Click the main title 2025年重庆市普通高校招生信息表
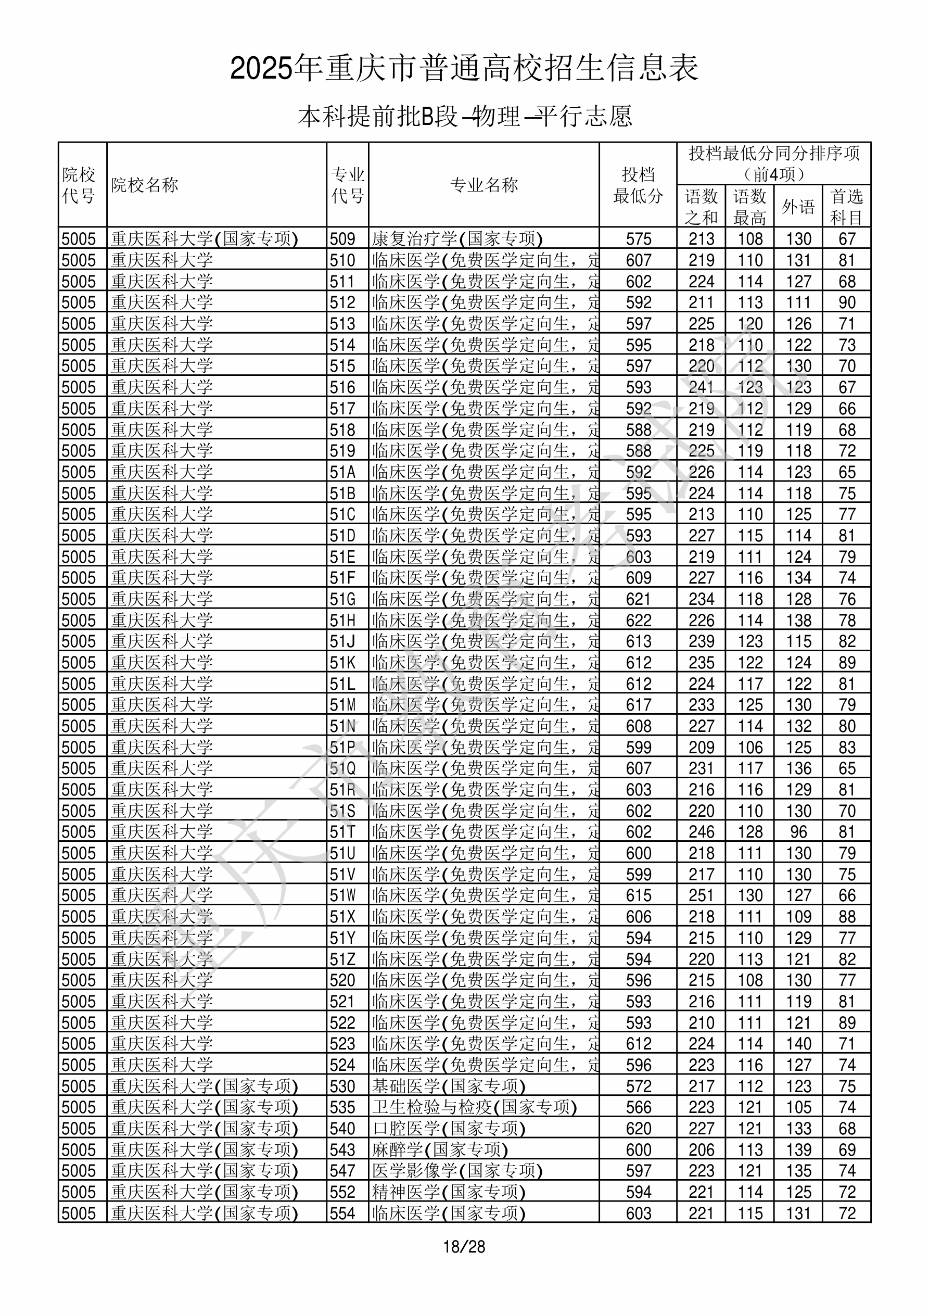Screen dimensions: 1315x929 (x=464, y=69)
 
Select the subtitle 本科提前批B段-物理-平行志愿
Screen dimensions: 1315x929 (x=464, y=116)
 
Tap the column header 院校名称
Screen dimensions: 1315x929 (x=145, y=185)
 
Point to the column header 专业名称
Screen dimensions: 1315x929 (x=484, y=185)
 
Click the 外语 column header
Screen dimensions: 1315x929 (x=798, y=207)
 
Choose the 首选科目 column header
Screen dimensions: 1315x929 (x=847, y=207)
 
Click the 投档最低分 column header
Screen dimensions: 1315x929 (x=638, y=185)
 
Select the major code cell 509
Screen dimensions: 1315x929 (x=342, y=239)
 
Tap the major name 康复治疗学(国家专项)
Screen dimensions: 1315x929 (x=457, y=239)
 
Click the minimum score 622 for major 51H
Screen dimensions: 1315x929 (x=639, y=620)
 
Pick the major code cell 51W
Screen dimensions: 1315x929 (x=342, y=895)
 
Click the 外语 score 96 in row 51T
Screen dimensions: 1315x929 (x=798, y=831)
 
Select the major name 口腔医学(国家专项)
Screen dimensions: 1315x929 (x=449, y=1128)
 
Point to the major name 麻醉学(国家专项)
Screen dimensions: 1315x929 (x=440, y=1149)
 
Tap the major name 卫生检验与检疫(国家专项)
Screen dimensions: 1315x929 (x=474, y=1107)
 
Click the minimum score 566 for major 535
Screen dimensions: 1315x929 (x=639, y=1107)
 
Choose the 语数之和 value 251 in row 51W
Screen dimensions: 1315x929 (x=701, y=895)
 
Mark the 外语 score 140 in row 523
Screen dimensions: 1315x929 (x=798, y=1044)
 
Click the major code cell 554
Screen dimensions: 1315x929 (x=342, y=1213)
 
